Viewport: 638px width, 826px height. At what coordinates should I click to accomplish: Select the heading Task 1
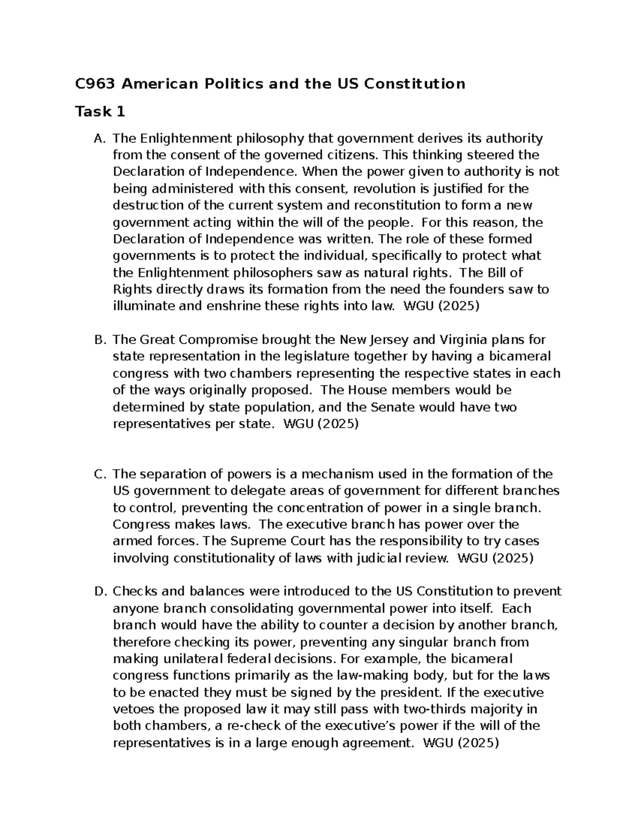click(100, 112)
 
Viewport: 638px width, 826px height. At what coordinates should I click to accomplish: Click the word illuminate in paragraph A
click(140, 306)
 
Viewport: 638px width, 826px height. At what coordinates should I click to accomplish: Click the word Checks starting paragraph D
click(133, 591)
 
